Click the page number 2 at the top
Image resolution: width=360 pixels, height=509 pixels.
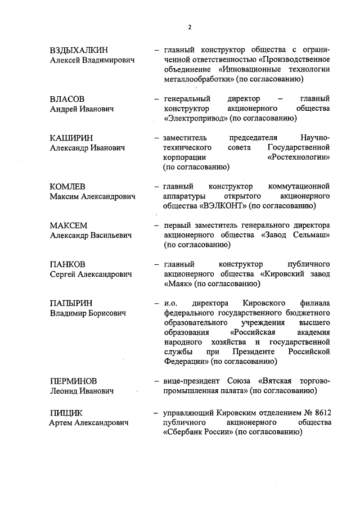(190, 27)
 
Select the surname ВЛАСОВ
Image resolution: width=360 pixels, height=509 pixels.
(67, 98)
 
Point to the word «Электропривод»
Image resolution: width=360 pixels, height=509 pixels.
(193, 118)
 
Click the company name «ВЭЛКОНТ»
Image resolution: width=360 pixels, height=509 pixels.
(223, 206)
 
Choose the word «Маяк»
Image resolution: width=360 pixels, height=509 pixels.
(178, 284)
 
